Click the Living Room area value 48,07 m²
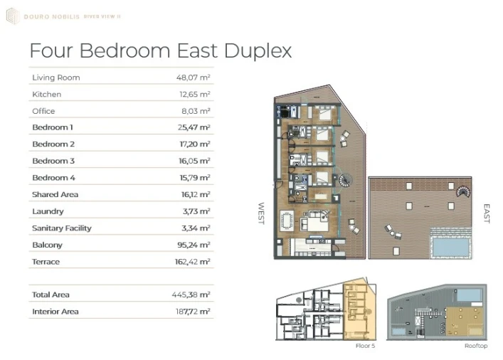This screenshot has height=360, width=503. pyautogui.click(x=193, y=78)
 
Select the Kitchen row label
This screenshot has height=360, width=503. pyautogui.click(x=46, y=95)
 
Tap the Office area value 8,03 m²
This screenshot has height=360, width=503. pyautogui.click(x=196, y=111)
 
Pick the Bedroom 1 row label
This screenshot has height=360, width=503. pyautogui.click(x=53, y=127)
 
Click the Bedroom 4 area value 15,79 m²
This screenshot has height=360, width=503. pyautogui.click(x=195, y=178)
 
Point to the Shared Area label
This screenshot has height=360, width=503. pyautogui.click(x=55, y=194)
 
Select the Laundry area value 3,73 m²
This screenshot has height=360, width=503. pyautogui.click(x=196, y=211)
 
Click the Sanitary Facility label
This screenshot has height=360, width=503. pyautogui.click(x=62, y=228)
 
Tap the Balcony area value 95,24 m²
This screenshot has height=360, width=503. pyautogui.click(x=194, y=245)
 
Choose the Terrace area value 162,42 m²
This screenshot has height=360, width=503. pyautogui.click(x=193, y=262)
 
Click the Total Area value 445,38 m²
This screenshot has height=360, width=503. pyautogui.click(x=191, y=295)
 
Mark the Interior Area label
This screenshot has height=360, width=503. pyautogui.click(x=55, y=312)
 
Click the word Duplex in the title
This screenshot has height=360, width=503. pyautogui.click(x=258, y=51)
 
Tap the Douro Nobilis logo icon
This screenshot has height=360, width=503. pyautogui.click(x=13, y=16)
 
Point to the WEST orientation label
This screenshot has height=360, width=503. pyautogui.click(x=261, y=213)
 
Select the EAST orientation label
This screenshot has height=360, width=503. pyautogui.click(x=487, y=213)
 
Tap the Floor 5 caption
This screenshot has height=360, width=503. pyautogui.click(x=365, y=346)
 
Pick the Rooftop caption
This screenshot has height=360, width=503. pyautogui.click(x=476, y=346)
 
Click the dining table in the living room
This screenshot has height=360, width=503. pyautogui.click(x=287, y=221)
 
